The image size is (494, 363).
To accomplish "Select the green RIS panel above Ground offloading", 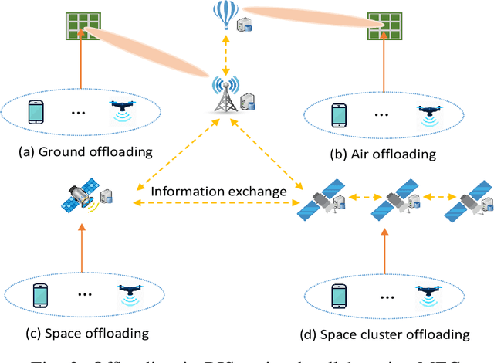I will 79,26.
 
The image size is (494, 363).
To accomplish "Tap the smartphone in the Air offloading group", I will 338,114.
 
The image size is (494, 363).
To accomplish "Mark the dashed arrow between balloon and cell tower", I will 226,55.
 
